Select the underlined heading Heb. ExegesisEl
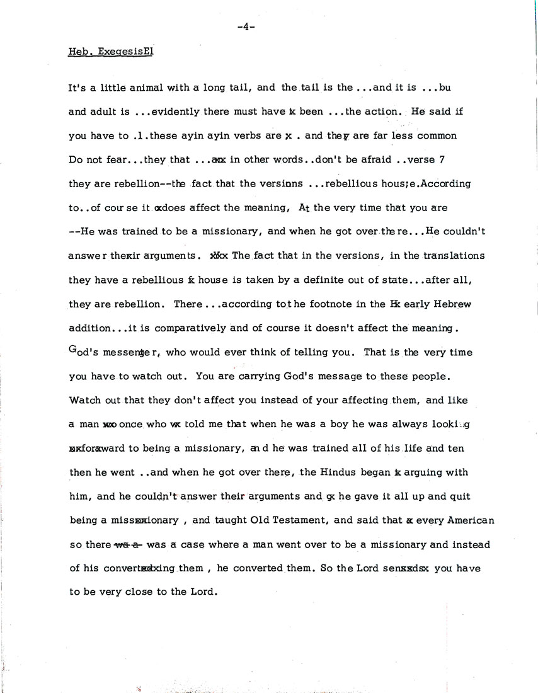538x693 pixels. coord(111,52)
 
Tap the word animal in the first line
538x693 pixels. coord(142,88)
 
